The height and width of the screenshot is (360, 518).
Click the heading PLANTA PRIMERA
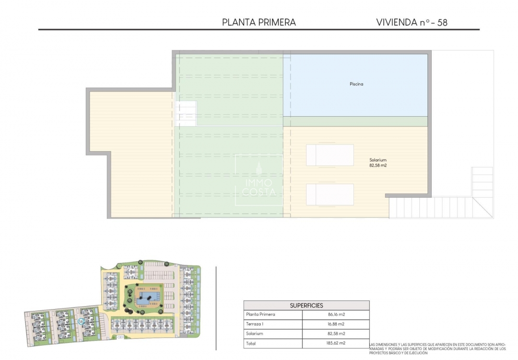click(x=259, y=22)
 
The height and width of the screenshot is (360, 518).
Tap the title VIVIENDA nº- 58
click(x=412, y=22)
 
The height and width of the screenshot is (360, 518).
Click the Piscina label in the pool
click(x=356, y=84)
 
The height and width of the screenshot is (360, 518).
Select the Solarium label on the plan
click(x=377, y=160)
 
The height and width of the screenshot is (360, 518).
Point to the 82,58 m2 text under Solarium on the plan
click(x=377, y=166)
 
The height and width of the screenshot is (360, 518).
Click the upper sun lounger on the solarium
click(x=330, y=155)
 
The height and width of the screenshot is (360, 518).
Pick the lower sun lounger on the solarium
click(x=330, y=194)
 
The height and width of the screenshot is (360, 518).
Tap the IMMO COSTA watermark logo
click(x=259, y=180)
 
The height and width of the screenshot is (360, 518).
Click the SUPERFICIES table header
click(x=306, y=305)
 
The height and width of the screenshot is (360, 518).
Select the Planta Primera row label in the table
click(x=260, y=314)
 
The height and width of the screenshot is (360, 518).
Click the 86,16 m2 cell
click(x=336, y=314)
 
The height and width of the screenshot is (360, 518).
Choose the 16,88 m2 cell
click(x=336, y=324)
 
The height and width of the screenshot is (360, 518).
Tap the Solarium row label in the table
click(x=254, y=334)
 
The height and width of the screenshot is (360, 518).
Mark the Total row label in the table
click(x=251, y=343)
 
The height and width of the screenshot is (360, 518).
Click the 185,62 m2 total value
click(x=336, y=343)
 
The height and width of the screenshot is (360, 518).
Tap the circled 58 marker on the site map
click(x=81, y=322)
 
